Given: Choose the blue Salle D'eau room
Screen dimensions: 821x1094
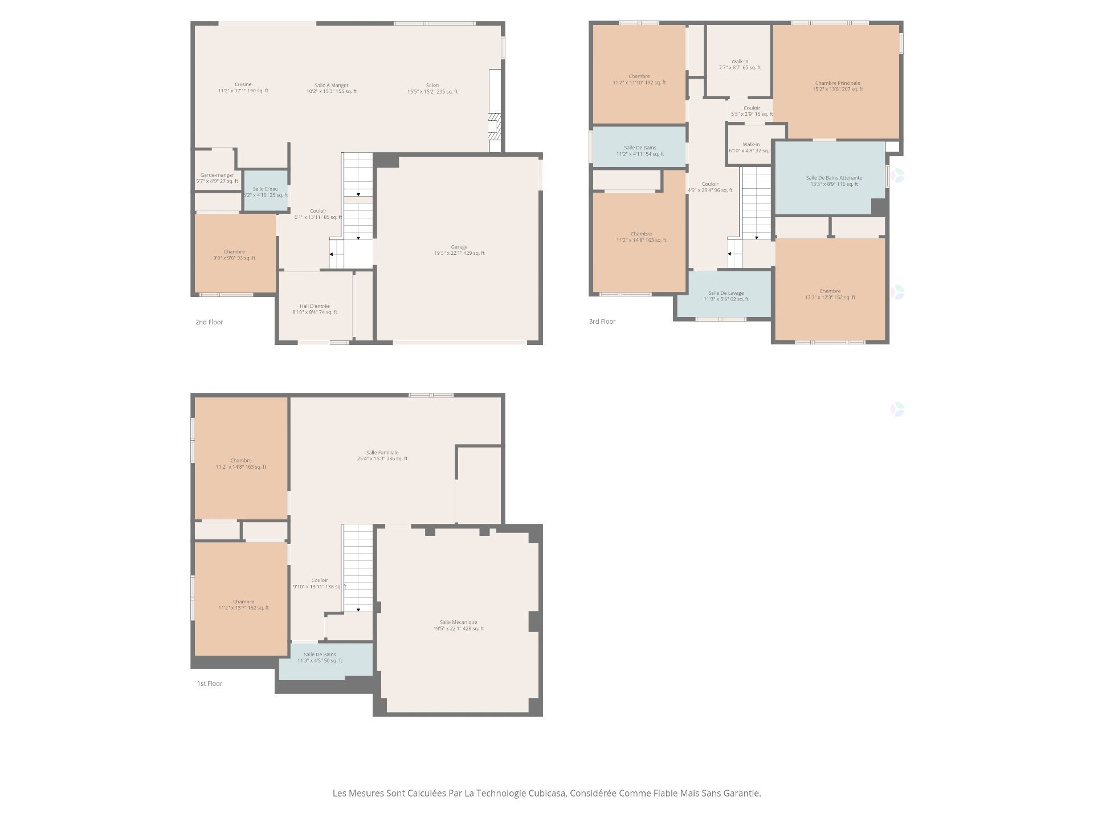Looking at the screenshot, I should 266,192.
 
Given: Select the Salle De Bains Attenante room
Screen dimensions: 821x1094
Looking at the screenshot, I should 834,181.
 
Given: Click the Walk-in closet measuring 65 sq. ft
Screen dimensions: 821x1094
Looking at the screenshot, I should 740,64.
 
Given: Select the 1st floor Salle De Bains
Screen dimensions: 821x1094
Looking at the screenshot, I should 320,657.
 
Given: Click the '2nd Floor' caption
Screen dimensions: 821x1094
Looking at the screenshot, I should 209,322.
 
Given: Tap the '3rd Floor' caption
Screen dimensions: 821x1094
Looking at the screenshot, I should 602,322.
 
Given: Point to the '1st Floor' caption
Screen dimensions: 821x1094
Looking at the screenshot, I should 210,684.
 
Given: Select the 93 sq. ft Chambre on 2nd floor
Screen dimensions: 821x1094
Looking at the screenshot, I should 234,255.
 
